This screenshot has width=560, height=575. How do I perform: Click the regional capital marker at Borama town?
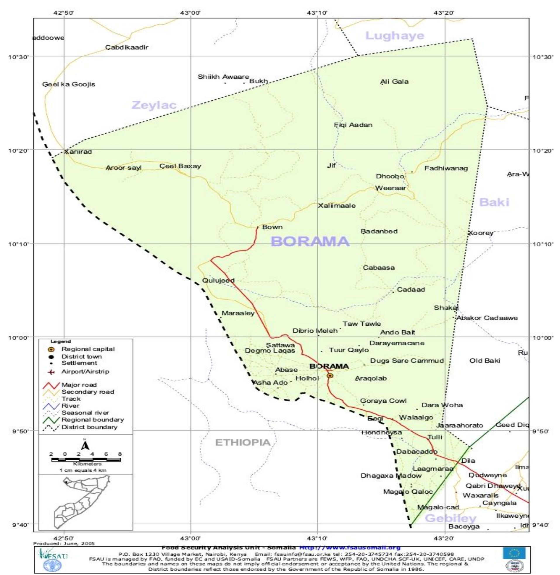330,376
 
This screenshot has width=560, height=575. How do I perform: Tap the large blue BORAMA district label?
310,242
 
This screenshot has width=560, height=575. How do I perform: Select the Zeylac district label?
154,105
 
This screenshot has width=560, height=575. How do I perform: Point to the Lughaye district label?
395,36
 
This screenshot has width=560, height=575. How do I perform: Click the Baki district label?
494,202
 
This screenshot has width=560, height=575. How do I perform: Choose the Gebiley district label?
451,518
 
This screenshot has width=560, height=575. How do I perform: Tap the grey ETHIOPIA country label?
243,442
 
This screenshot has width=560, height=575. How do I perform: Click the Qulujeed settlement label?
218,280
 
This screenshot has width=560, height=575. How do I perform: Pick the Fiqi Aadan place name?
353,125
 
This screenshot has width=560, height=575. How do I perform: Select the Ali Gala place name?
394,82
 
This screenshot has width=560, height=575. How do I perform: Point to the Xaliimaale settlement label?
337,206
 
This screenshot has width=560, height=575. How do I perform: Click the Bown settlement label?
272,227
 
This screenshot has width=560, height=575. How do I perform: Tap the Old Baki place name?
485,361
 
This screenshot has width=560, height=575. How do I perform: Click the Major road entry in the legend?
79,385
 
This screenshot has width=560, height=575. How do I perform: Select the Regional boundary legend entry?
92,420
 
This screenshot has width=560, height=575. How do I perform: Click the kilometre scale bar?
86,459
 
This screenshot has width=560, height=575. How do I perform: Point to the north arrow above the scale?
85,445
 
